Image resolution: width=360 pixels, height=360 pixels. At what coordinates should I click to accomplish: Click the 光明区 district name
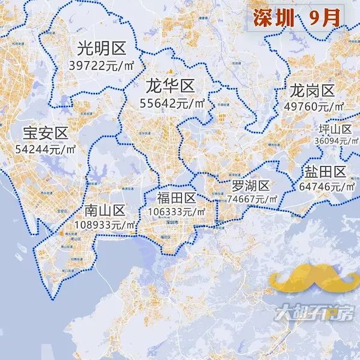point(100,47)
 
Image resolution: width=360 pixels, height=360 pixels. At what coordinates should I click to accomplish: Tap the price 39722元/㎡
point(100,64)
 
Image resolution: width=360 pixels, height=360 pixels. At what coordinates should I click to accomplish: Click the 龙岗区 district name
point(311,91)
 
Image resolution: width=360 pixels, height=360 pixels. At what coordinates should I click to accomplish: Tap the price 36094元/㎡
point(336,141)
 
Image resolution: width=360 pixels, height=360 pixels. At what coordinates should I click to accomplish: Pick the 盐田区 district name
point(324,172)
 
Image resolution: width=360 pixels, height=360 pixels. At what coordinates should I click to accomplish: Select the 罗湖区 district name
point(253,185)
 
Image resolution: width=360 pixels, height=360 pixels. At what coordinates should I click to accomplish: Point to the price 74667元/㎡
point(253,199)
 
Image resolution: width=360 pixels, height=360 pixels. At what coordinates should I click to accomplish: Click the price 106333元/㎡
point(176,212)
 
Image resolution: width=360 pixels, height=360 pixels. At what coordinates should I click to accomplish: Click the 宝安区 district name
point(46,133)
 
